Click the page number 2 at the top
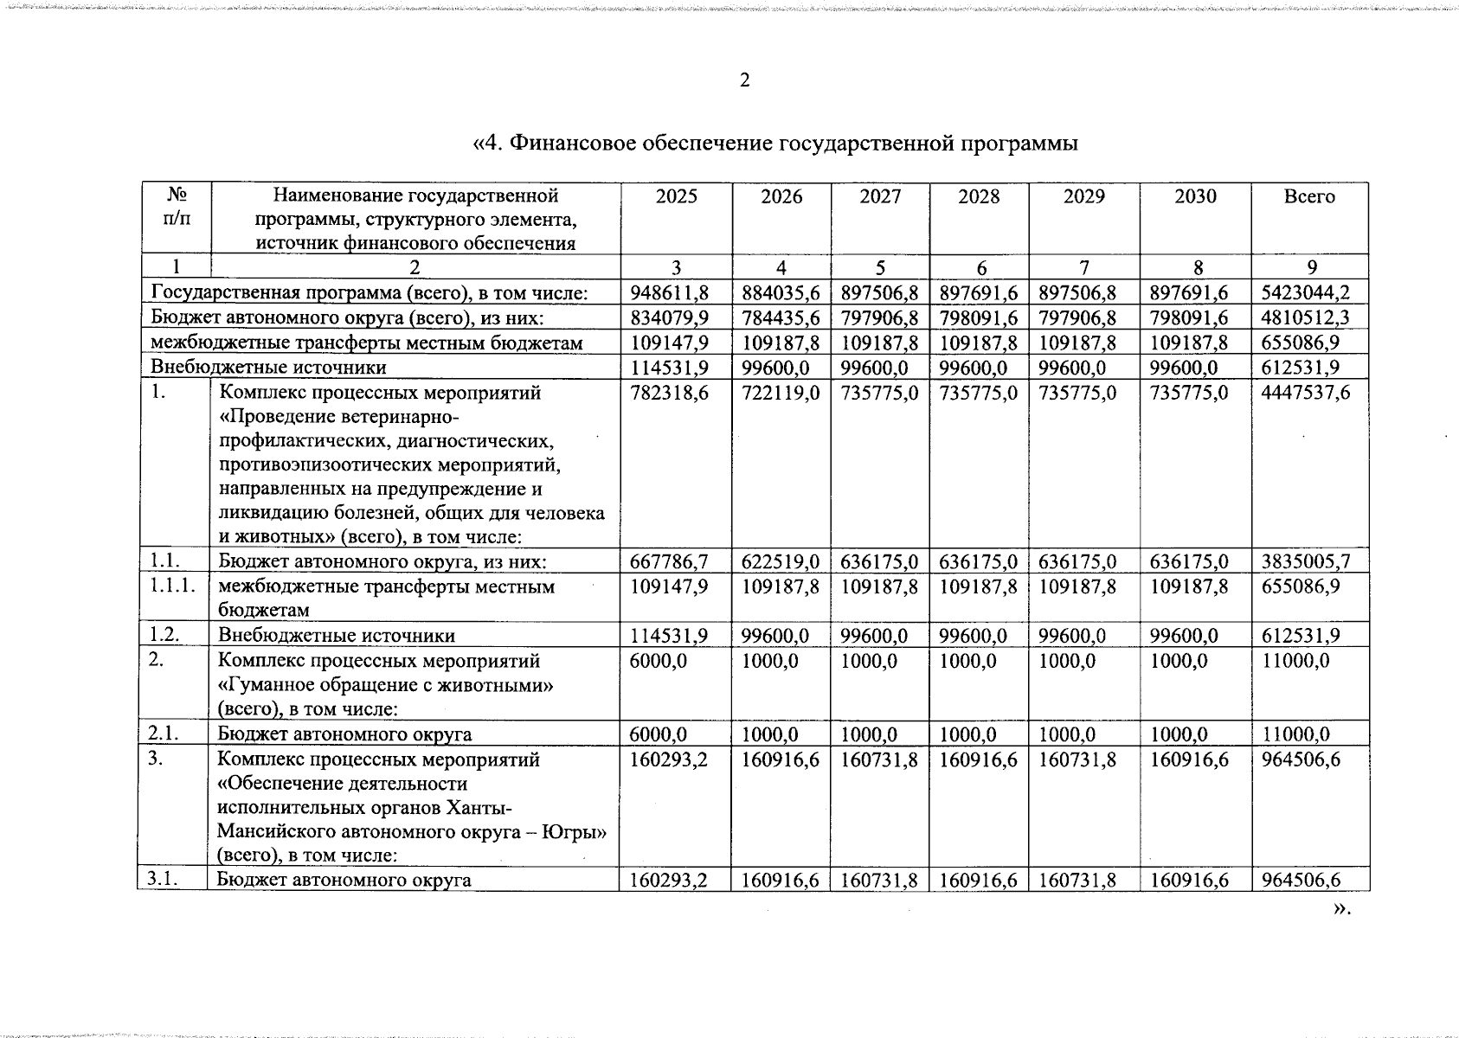click(744, 80)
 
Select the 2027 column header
click(880, 196)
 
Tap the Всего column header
click(1309, 196)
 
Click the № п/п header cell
click(175, 206)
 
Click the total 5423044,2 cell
click(1309, 292)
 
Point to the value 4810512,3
click(1309, 317)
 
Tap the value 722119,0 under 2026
click(781, 393)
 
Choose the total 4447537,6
click(1309, 393)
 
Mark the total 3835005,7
click(1309, 562)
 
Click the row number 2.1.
click(164, 734)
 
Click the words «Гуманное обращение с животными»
click(386, 685)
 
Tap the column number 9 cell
click(1309, 267)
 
